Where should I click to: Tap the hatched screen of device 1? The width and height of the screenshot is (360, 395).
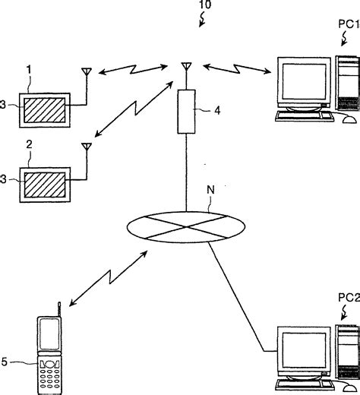[x=45, y=111]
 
